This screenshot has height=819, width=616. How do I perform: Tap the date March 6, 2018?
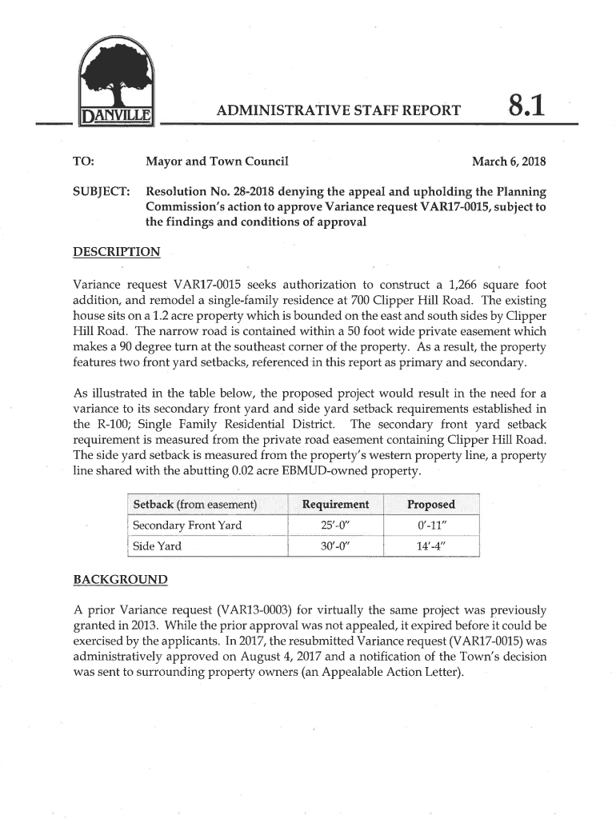point(509,162)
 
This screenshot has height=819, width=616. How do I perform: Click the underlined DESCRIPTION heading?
point(117,253)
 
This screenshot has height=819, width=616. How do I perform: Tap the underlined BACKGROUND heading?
point(121,578)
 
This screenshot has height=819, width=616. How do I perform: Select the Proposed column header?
point(430,504)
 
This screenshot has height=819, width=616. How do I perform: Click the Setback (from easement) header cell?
point(194,504)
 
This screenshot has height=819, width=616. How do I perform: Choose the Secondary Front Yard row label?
point(187,525)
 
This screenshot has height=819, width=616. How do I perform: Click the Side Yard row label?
point(157,546)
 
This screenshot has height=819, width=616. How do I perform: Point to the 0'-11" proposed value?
point(430,525)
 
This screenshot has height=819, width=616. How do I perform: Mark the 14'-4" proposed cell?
point(430,546)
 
